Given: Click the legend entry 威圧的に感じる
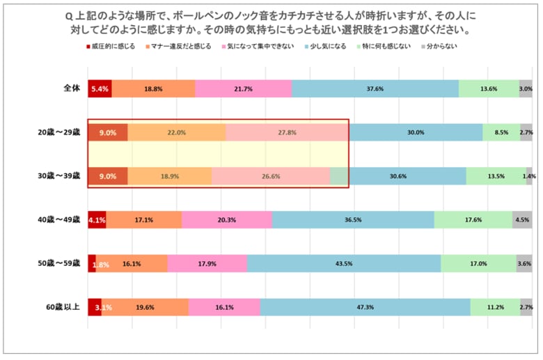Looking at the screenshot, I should (110, 46).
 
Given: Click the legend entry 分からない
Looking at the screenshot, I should (442, 46).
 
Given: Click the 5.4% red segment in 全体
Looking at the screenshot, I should (100, 89).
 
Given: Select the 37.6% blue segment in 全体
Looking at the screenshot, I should (375, 89).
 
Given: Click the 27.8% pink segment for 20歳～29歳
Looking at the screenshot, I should (287, 132).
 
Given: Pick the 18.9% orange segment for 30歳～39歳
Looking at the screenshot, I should (170, 176).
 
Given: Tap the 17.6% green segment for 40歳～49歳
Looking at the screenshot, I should (473, 220).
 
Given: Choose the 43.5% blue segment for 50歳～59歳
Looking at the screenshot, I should (344, 263).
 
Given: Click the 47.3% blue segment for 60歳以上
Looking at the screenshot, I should (365, 307).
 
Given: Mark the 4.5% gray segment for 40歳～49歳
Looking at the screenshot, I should (522, 220).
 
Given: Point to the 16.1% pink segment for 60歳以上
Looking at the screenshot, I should (224, 307).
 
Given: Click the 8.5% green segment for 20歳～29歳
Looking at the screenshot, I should (501, 132).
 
